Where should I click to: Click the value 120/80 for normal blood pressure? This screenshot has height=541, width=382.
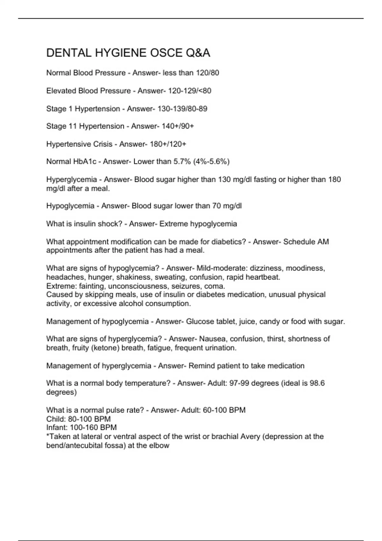pos(208,73)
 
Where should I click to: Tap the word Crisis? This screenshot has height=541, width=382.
pos(103,144)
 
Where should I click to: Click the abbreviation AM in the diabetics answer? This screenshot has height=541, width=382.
pos(323,242)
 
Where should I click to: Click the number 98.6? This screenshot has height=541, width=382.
pos(317,383)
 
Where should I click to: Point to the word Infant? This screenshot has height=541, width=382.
pos(57,427)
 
